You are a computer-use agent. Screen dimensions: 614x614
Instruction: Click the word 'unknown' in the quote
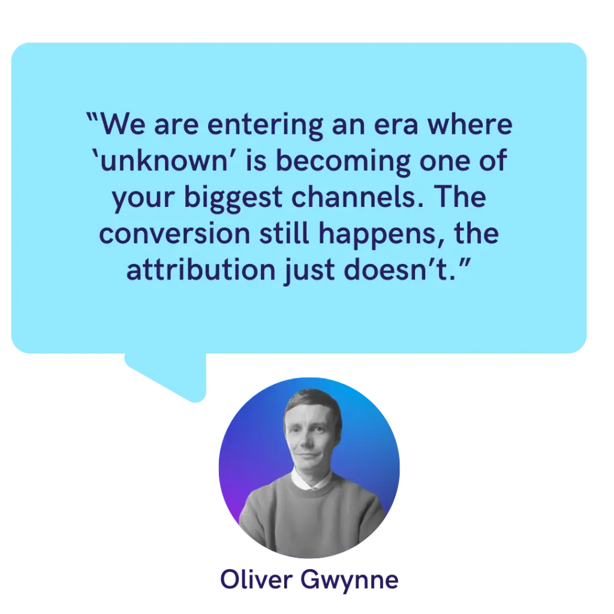(x=164, y=161)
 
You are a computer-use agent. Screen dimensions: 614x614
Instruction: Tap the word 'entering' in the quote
(x=265, y=126)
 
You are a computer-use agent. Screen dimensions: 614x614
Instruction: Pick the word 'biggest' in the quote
(x=233, y=198)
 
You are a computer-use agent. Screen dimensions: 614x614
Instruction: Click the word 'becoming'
(x=343, y=162)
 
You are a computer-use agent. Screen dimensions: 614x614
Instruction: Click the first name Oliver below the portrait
(x=257, y=579)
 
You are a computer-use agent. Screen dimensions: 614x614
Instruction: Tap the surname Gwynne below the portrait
(x=350, y=580)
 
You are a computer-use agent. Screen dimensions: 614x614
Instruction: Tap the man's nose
(x=308, y=441)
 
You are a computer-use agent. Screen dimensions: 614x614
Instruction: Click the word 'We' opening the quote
(x=122, y=125)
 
